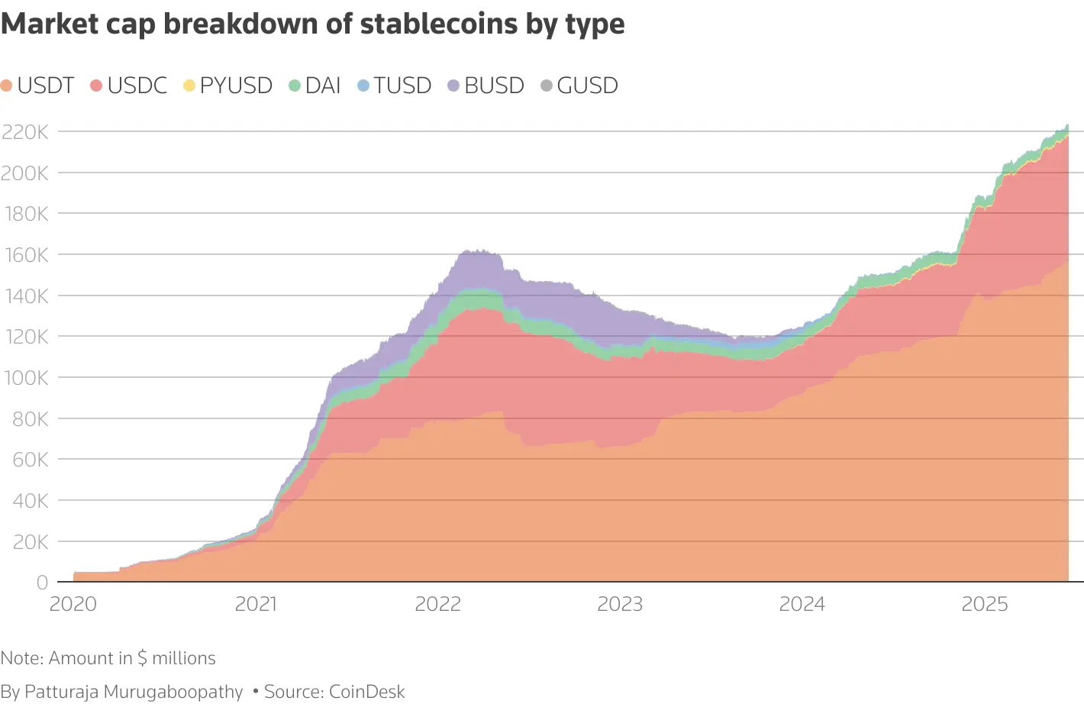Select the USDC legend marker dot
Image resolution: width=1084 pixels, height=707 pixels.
click(96, 86)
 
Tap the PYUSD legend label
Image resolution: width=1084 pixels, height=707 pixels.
click(236, 86)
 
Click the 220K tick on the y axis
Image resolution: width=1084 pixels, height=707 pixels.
click(25, 132)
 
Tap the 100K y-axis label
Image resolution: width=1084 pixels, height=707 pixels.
click(25, 378)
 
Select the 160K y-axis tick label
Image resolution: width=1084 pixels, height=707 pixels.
click(25, 255)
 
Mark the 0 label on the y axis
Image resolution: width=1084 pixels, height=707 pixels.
click(42, 583)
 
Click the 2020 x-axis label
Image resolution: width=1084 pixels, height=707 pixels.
click(73, 604)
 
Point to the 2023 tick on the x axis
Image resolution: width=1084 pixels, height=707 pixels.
click(620, 604)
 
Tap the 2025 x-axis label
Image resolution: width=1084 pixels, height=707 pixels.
click(985, 604)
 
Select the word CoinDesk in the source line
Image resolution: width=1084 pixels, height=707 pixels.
click(367, 692)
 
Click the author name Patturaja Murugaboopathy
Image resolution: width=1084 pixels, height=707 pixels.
click(134, 692)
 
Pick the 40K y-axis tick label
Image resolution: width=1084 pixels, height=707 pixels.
click(31, 501)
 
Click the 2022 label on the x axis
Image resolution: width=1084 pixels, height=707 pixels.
click(438, 604)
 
